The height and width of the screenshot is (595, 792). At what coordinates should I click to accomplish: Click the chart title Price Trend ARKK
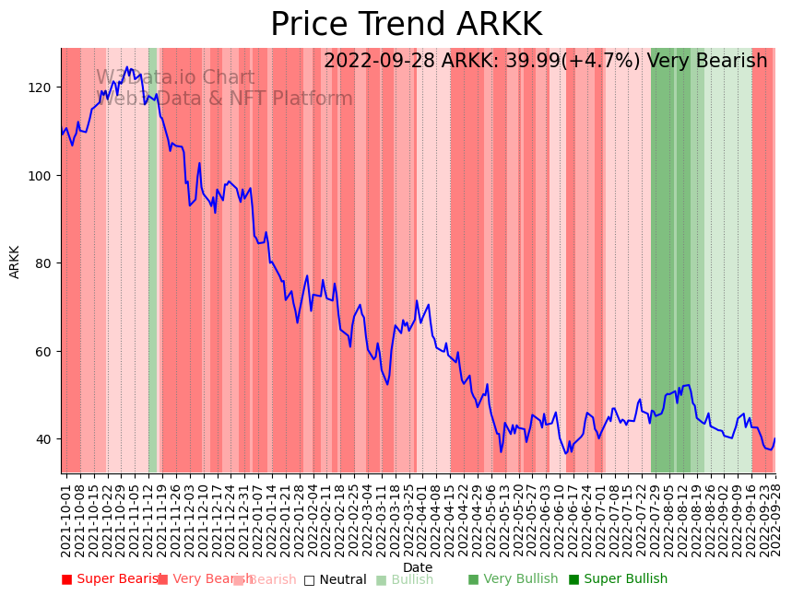(406, 25)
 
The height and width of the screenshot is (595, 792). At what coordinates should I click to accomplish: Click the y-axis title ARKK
(15, 262)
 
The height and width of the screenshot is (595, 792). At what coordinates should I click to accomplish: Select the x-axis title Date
(418, 567)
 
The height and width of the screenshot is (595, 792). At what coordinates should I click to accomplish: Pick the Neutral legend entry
(336, 579)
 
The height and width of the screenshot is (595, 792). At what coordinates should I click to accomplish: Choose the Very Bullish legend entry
(513, 579)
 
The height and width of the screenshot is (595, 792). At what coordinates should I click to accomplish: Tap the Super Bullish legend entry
(618, 579)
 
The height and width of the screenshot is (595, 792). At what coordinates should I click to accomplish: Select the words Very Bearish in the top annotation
(707, 62)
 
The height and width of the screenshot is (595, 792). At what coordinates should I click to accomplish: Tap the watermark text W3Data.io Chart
(175, 78)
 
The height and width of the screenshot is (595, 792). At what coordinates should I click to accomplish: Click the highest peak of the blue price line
(128, 67)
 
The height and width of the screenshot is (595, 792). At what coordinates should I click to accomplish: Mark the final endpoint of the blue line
(774, 438)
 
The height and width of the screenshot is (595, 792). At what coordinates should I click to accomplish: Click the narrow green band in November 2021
(152, 258)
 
